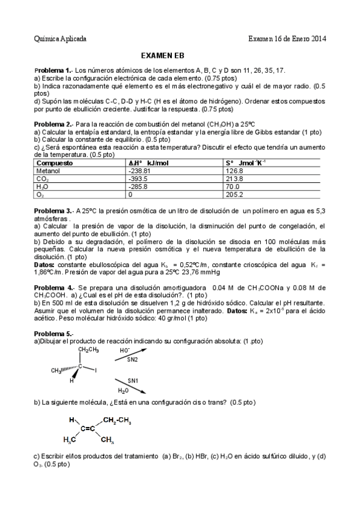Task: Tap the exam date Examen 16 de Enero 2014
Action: pos(287,39)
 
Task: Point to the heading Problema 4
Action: pos(53,287)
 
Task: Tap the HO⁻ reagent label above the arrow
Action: pos(125,350)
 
